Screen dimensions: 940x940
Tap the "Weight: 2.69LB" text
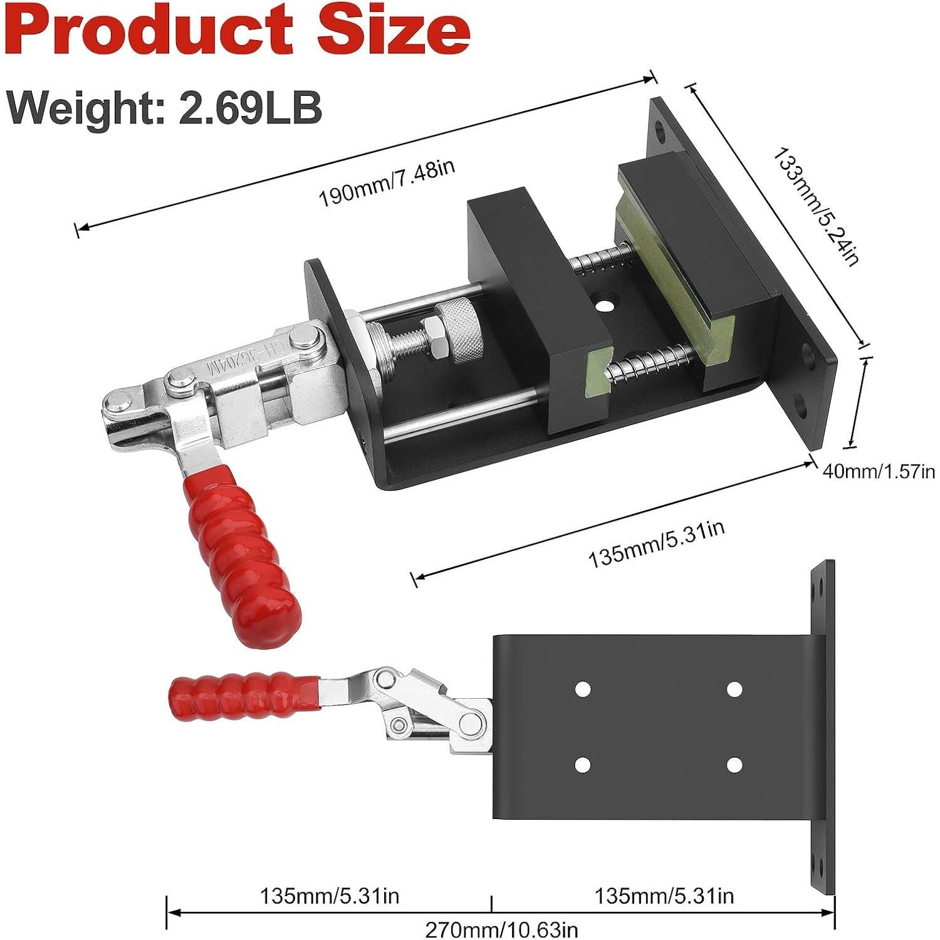[165, 107]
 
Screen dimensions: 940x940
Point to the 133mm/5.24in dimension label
[815, 207]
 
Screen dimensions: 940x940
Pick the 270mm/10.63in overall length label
[501, 929]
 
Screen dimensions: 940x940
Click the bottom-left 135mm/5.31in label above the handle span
[330, 896]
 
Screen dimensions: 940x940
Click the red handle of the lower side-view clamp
[244, 693]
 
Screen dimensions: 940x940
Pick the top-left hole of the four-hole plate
[583, 689]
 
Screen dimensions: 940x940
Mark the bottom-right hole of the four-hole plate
[734, 765]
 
